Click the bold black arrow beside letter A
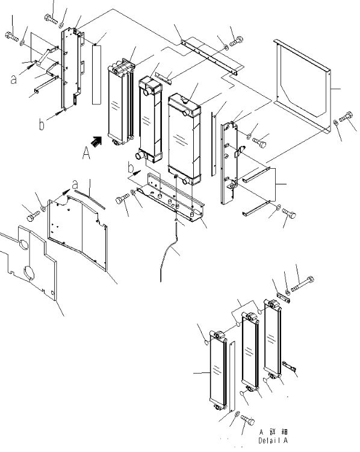[x=96, y=140]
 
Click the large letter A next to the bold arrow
[x=86, y=153]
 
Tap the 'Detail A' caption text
[x=273, y=441]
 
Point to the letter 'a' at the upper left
[x=13, y=79]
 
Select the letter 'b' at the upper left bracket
[x=42, y=124]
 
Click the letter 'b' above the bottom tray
[x=131, y=167]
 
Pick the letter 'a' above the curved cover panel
[x=75, y=184]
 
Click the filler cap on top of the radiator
[x=185, y=101]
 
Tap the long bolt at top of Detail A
[x=302, y=284]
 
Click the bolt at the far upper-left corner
[x=12, y=37]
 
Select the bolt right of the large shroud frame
[x=346, y=117]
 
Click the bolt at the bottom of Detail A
[x=247, y=419]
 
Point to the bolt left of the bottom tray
[x=122, y=199]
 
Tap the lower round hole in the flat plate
[x=29, y=272]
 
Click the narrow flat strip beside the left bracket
[x=97, y=74]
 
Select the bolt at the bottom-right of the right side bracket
[x=289, y=213]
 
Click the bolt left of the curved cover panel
[x=33, y=216]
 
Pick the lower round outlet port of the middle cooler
[x=140, y=155]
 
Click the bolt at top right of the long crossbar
[x=236, y=41]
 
